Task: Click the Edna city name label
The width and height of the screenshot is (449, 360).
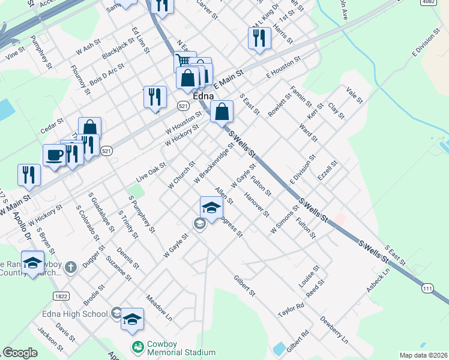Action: tap(204, 95)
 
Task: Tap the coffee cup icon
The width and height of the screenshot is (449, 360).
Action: tap(54, 155)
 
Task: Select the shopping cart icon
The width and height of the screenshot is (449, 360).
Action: tap(184, 61)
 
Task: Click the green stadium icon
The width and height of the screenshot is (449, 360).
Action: tap(138, 347)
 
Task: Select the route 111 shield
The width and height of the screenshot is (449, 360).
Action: tap(427, 289)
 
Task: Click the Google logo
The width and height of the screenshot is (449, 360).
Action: tap(20, 353)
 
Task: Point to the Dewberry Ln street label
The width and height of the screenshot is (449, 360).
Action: tap(334, 329)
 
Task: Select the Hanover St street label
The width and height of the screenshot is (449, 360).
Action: tap(256, 204)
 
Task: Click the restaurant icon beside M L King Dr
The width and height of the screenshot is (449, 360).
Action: tap(256, 37)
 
